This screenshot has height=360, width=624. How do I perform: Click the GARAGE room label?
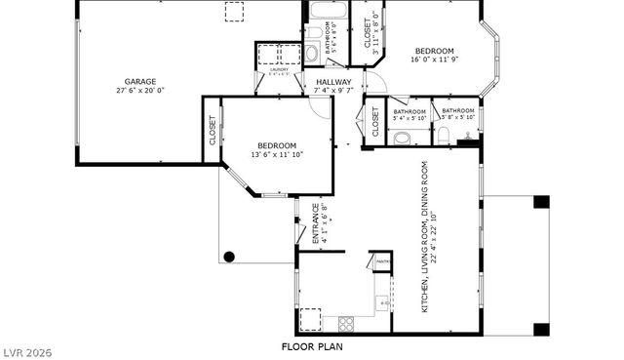click(139, 82)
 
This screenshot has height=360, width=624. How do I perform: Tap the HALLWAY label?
click(332, 82)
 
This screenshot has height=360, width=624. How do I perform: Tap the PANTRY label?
click(381, 261)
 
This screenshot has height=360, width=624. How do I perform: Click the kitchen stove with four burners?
click(346, 322)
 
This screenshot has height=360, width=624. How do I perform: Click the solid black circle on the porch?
click(229, 257)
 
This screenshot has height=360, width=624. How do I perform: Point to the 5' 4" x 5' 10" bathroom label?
click(409, 115)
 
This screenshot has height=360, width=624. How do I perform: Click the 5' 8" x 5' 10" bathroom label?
click(456, 115)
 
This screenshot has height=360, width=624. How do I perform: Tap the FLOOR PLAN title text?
click(312, 346)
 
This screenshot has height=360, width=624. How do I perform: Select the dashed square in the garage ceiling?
click(235, 12)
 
